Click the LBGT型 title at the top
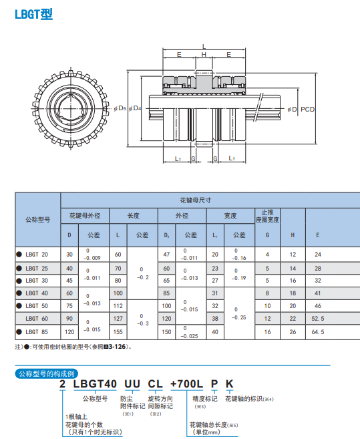coord(33,14)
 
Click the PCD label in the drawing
coord(307,109)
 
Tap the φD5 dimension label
coord(120,108)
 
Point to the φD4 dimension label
coord(135,108)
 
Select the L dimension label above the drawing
coord(204,47)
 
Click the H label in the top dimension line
coord(204,55)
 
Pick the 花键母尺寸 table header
coord(195,200)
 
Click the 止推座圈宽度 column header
coord(267,216)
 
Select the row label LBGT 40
coord(37,293)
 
